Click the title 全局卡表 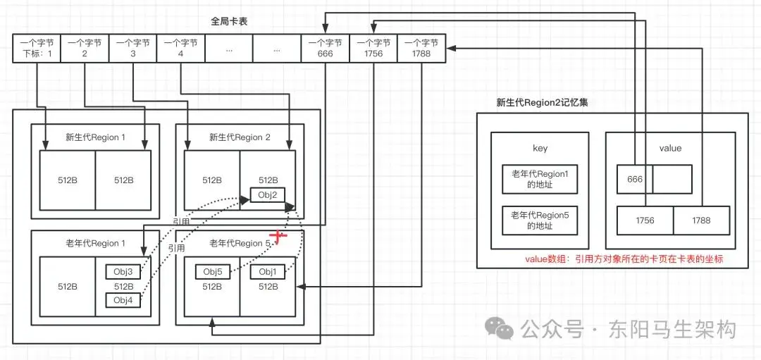(229, 21)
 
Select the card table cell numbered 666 (325, 48)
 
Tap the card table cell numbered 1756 (373, 48)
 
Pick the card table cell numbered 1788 (421, 48)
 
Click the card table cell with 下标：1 (37, 48)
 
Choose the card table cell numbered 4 (181, 48)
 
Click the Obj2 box (267, 195)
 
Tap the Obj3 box (123, 271)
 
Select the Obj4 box (123, 301)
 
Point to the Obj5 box (213, 272)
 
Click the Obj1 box (268, 272)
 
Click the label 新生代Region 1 (95, 137)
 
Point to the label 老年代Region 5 (240, 244)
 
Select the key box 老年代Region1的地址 (539, 179)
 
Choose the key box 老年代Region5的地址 (539, 220)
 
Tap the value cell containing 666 (635, 179)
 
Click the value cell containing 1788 (701, 220)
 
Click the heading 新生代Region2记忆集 (542, 102)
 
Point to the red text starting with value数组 (624, 259)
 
